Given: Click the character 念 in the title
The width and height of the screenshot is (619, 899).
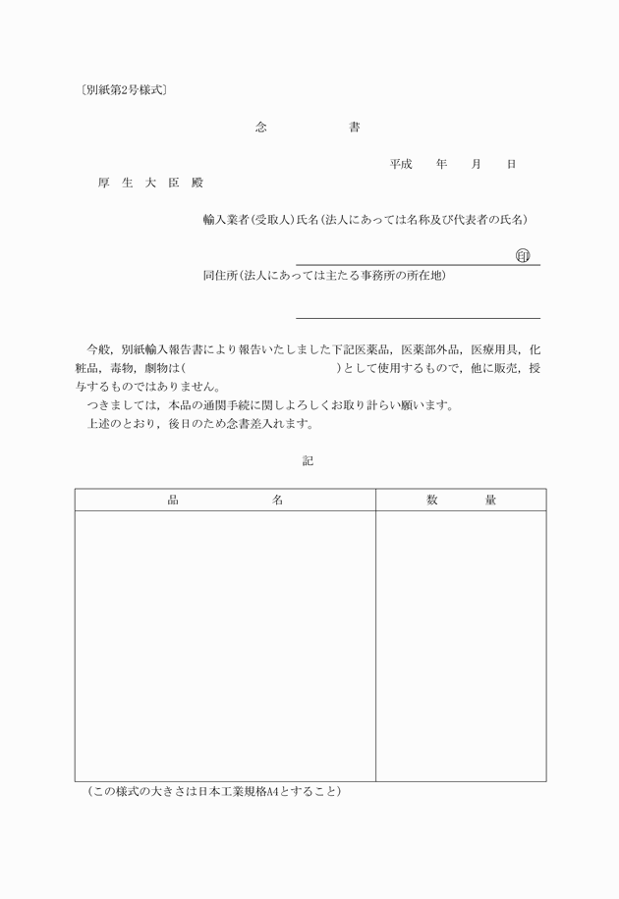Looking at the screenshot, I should pyautogui.click(x=260, y=128).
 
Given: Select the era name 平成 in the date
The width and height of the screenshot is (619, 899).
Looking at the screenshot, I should pyautogui.click(x=400, y=164).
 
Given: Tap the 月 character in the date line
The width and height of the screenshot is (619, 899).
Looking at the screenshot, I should pyautogui.click(x=477, y=164).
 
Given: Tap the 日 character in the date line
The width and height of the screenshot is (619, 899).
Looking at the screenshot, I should pyautogui.click(x=511, y=164).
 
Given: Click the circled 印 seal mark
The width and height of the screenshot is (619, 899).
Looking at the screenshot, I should pyautogui.click(x=523, y=255).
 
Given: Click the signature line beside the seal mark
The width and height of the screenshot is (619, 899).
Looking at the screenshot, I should pyautogui.click(x=403, y=264).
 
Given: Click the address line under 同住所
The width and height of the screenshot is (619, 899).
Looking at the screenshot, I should pyautogui.click(x=418, y=317).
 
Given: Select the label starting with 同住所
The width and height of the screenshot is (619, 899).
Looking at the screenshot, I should pyautogui.click(x=324, y=276).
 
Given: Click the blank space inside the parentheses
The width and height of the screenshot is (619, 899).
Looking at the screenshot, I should pyautogui.click(x=260, y=368).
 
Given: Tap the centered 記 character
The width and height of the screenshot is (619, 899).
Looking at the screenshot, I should pyautogui.click(x=309, y=459).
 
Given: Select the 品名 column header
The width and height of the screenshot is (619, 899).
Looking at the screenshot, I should pyautogui.click(x=225, y=501).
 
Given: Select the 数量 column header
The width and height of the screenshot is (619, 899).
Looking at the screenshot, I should pyautogui.click(x=461, y=501).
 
